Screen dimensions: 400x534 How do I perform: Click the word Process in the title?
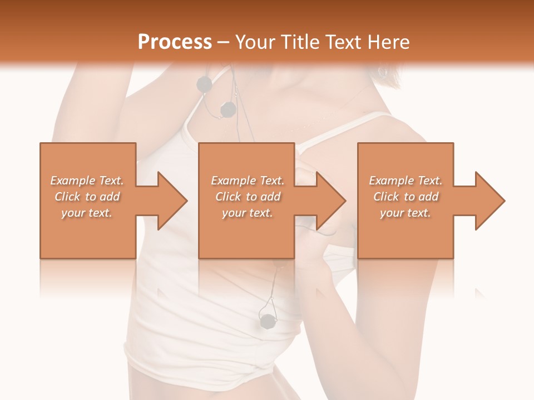175,42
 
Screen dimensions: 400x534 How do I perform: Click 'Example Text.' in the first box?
87,181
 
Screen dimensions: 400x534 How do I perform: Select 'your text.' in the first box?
87,213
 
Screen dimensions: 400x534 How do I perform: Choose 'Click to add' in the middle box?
248,197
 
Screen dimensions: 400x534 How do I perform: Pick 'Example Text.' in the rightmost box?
406,181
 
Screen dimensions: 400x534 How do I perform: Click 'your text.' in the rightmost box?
406,213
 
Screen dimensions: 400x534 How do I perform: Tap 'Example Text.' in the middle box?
248,181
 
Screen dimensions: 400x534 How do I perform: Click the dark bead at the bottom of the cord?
268,321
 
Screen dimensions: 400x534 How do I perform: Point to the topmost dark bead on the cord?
205,84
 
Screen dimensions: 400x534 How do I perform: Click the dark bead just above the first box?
228,110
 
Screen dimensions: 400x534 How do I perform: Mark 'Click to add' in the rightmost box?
406,197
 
